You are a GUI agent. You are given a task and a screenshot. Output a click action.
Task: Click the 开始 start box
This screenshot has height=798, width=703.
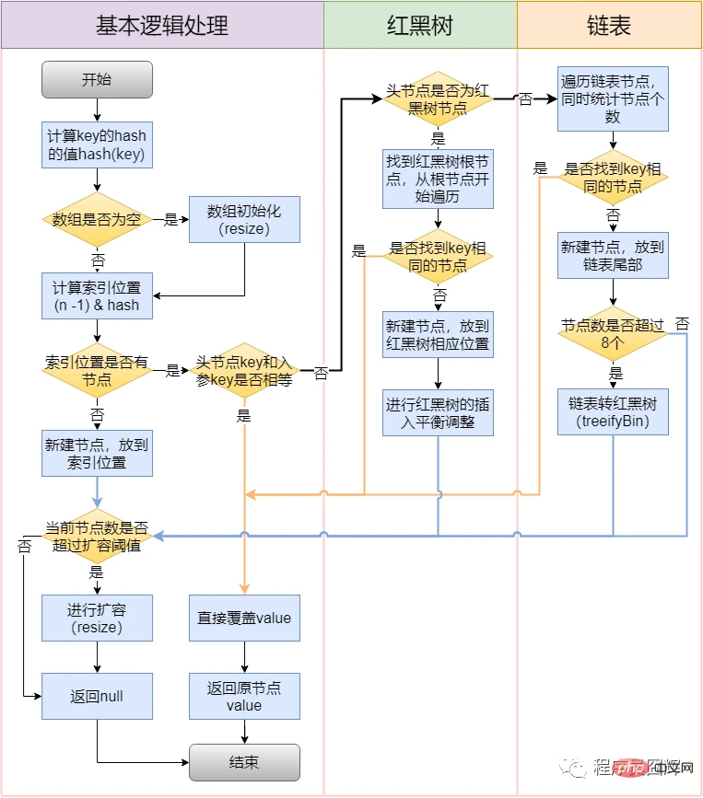[97, 80]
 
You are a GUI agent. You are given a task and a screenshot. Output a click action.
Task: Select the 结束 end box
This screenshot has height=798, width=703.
[244, 762]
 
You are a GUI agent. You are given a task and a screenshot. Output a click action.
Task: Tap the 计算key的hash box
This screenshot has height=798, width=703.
[97, 145]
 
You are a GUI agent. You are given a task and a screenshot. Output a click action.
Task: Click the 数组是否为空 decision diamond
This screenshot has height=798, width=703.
[97, 220]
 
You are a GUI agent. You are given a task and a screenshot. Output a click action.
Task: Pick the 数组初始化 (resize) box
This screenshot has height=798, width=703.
[244, 220]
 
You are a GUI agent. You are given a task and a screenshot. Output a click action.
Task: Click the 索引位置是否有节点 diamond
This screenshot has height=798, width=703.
[97, 371]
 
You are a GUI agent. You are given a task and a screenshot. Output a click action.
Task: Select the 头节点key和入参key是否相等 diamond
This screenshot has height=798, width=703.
[244, 371]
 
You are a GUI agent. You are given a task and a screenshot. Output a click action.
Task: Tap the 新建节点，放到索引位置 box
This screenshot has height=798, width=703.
[97, 453]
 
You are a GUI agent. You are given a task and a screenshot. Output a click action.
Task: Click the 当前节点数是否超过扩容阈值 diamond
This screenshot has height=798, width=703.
[97, 537]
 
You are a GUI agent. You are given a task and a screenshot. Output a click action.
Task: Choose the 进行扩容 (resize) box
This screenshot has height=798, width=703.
[97, 618]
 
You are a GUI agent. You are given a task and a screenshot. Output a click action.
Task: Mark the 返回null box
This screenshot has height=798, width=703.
[97, 697]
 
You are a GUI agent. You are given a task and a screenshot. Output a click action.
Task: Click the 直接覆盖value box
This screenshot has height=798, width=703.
[244, 618]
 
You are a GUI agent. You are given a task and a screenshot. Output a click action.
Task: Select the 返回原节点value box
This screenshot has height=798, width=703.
[244, 697]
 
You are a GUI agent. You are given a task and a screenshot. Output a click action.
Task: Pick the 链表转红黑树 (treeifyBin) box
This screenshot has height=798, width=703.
[613, 411]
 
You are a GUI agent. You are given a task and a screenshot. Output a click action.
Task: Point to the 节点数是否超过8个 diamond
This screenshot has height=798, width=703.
[613, 334]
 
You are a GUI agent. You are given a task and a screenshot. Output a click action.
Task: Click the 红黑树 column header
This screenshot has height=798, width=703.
[420, 25]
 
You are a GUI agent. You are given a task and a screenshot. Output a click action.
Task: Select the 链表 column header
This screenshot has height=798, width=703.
[609, 25]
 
